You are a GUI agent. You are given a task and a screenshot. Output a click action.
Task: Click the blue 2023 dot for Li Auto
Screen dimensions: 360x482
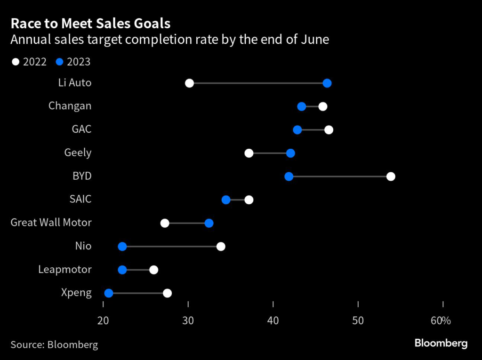327,83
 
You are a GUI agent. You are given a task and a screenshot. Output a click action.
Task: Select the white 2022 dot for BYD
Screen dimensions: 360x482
391,176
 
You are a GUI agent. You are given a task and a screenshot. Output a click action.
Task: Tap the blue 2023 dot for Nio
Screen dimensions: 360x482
122,247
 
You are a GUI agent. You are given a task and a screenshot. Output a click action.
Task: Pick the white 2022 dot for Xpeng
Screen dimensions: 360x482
167,293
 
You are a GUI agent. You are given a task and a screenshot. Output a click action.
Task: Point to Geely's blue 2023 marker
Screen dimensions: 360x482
290,153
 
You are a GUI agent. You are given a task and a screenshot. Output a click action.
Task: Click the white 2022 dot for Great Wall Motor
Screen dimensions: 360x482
165,223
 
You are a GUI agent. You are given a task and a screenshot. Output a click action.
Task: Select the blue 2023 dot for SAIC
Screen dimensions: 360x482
226,200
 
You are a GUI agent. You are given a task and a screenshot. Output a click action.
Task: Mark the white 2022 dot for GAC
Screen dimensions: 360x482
329,130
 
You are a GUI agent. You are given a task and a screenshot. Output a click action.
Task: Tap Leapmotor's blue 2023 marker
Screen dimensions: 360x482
122,270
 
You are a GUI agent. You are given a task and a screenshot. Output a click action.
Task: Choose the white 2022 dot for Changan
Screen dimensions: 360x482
322,106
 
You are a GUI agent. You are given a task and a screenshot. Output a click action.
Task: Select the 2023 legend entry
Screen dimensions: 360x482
73,62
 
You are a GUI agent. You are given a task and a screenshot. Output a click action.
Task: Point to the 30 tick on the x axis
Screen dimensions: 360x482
188,321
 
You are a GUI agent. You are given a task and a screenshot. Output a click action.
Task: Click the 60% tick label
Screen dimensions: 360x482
441,321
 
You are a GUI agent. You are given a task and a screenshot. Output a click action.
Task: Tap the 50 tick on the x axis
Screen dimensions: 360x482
358,321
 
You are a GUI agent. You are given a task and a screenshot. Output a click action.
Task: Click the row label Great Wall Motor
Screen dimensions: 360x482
51,223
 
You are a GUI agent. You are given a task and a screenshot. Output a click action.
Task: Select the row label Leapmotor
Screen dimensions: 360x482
64,270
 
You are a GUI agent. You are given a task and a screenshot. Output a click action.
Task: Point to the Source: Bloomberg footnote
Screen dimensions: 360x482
54,344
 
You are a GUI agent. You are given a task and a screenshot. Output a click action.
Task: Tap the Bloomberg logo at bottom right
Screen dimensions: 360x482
441,344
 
